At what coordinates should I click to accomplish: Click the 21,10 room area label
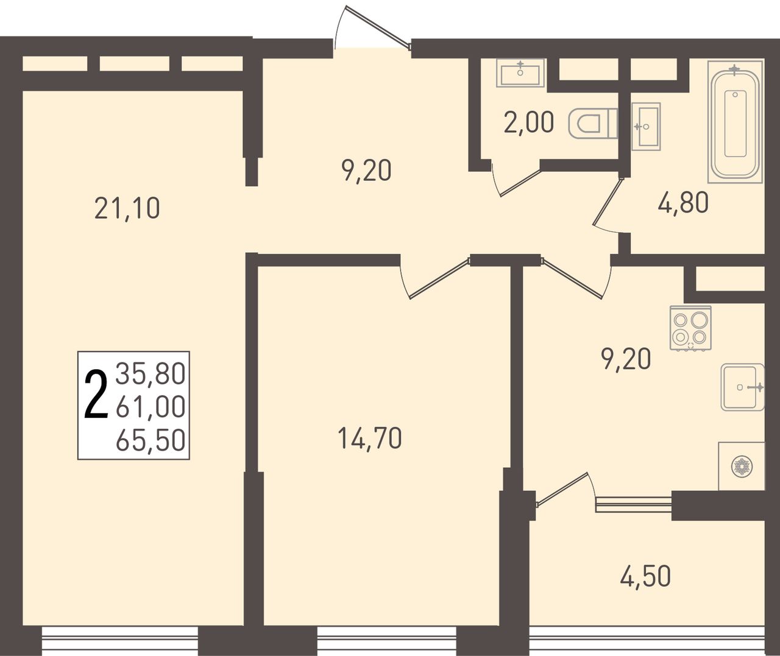pyautogui.click(x=127, y=208)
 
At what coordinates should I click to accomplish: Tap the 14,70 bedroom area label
pyautogui.click(x=369, y=439)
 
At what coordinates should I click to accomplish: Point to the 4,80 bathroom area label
pyautogui.click(x=683, y=203)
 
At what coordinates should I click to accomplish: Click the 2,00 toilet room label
pyautogui.click(x=528, y=122)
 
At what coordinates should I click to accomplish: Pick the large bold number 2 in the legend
pyautogui.click(x=96, y=394)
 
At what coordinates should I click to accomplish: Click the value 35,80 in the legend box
pyautogui.click(x=151, y=374)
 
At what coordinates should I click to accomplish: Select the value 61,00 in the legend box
pyautogui.click(x=151, y=406)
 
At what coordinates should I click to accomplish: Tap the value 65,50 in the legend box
pyautogui.click(x=151, y=440)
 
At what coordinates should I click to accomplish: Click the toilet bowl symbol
pyautogui.click(x=593, y=124)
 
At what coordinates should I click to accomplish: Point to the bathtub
pyautogui.click(x=735, y=122)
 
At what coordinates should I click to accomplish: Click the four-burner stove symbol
pyautogui.click(x=690, y=328)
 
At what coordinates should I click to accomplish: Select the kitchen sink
pyautogui.click(x=742, y=387)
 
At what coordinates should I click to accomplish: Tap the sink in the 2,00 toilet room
pyautogui.click(x=520, y=73)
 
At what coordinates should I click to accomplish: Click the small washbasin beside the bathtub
pyautogui.click(x=646, y=127)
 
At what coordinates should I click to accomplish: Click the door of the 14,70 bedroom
pyautogui.click(x=435, y=277)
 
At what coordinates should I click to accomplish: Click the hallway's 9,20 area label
pyautogui.click(x=366, y=171)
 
